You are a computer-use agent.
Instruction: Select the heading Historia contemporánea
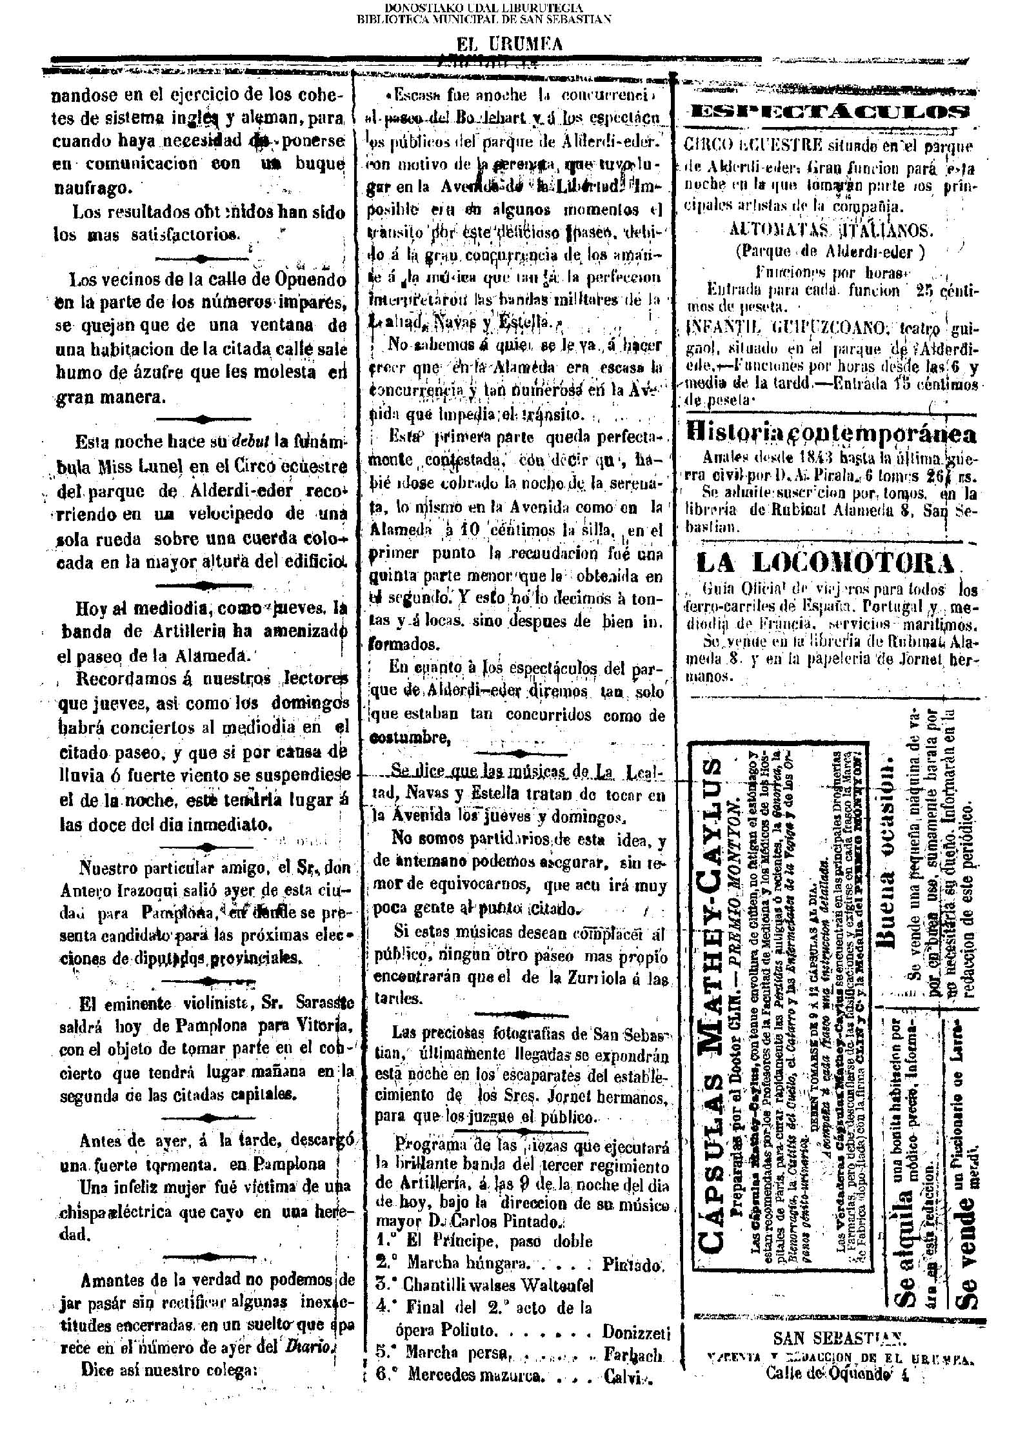(x=832, y=433)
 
